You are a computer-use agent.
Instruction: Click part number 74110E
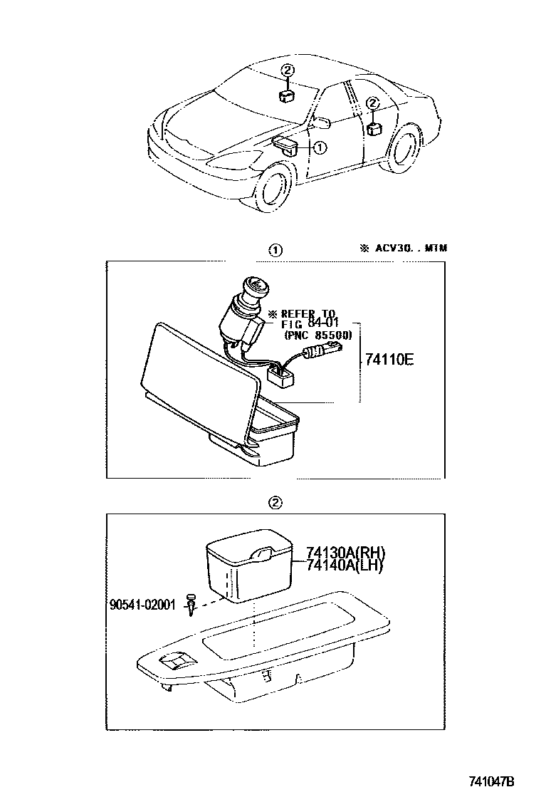389,358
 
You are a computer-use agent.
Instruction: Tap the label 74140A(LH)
345,566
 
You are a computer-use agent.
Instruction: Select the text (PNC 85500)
317,335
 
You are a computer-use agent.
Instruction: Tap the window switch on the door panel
173,664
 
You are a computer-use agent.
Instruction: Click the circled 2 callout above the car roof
287,70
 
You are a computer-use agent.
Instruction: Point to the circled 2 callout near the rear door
372,103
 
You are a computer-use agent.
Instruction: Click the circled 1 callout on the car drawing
320,148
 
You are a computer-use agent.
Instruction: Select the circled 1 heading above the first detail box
274,250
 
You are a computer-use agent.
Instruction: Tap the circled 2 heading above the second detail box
274,503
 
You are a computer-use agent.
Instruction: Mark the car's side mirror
322,123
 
